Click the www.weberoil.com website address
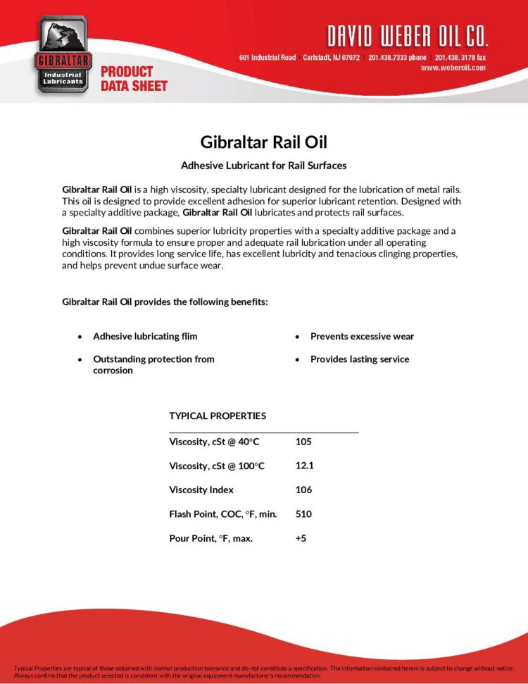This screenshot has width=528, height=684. (453, 68)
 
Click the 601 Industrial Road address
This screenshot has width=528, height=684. (268, 57)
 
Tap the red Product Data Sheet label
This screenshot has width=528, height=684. (134, 78)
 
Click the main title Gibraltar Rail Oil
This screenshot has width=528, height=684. (264, 142)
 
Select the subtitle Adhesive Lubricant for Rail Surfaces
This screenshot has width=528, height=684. (264, 166)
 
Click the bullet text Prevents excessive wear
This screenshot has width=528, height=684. (362, 336)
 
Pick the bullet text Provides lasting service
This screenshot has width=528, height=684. (359, 359)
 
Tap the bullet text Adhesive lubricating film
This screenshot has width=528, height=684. (145, 336)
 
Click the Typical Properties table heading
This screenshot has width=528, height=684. (218, 416)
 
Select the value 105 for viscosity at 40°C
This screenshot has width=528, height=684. (303, 442)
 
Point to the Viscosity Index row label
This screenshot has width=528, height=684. (201, 490)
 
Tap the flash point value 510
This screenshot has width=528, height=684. (303, 514)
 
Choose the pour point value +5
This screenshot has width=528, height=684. (301, 538)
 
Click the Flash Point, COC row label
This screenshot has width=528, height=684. (222, 514)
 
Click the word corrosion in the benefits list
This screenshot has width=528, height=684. (113, 371)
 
